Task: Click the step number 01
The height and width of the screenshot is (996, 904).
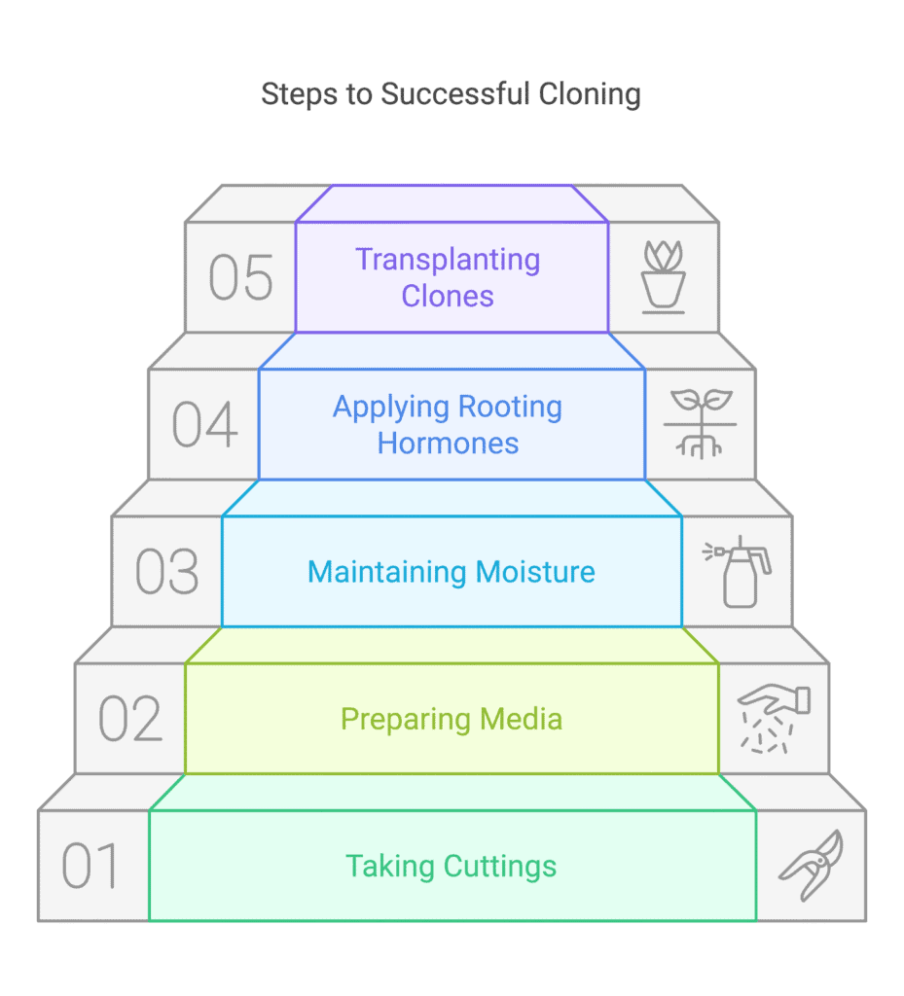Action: [90, 866]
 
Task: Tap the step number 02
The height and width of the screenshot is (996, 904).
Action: [130, 719]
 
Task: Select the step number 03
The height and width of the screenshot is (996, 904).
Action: [167, 572]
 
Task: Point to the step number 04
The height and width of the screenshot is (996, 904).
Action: [204, 424]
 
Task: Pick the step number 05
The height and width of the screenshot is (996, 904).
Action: [241, 277]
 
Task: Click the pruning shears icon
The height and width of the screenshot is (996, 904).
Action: [812, 865]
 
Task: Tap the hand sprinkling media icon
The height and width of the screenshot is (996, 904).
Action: [774, 719]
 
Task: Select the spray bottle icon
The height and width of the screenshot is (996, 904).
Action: [737, 572]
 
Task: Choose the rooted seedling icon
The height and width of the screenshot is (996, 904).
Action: [700, 424]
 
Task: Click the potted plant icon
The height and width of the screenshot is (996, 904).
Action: [664, 277]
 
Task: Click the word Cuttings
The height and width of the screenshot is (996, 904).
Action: [500, 867]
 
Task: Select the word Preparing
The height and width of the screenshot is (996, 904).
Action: [406, 720]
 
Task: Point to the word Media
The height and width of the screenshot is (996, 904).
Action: [521, 719]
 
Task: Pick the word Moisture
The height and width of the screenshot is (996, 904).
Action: [535, 572]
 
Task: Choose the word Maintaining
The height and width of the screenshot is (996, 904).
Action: [387, 572]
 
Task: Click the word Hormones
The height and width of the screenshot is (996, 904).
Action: [448, 443]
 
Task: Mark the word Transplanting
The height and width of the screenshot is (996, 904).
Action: [448, 260]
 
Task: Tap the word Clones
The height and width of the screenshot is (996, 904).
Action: [448, 296]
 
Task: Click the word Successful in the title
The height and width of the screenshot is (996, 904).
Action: [454, 94]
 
